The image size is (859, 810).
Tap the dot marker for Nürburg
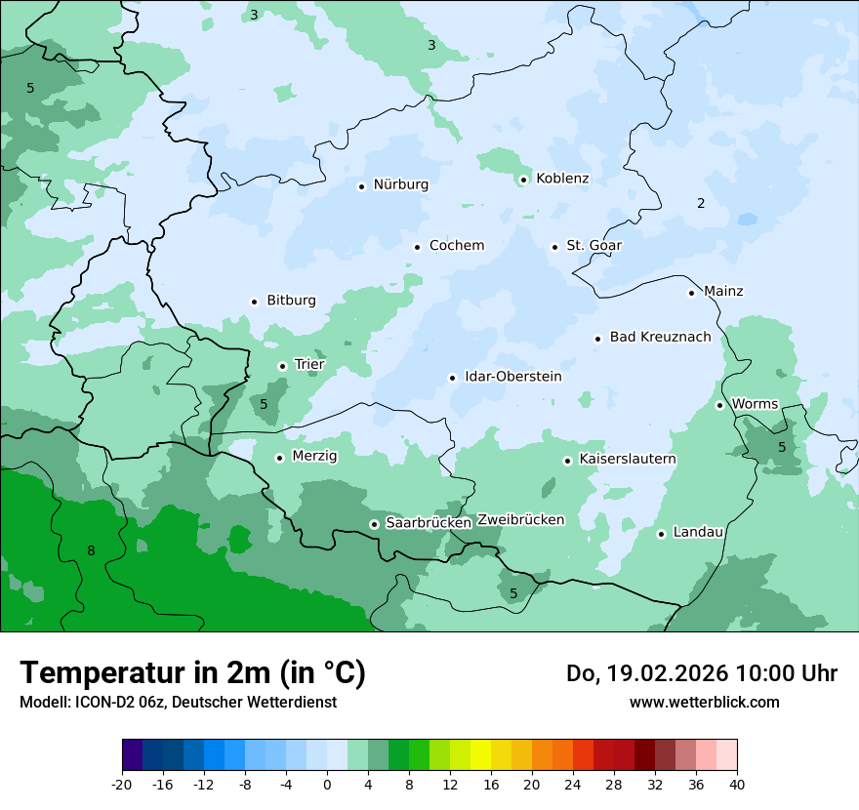[x=361, y=185]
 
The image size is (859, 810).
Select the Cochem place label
[x=456, y=246]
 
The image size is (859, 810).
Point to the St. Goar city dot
[x=554, y=247]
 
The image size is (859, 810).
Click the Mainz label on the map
[x=723, y=292]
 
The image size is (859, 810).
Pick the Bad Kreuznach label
[x=660, y=338]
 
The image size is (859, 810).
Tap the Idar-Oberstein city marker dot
[x=452, y=378]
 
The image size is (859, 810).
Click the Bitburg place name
[x=291, y=301]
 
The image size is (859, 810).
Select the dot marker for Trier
[x=282, y=366]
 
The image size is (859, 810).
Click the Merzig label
[x=314, y=457]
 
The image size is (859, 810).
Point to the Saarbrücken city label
[x=429, y=523]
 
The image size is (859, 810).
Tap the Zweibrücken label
[x=520, y=520]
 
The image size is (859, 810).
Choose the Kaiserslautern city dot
[x=567, y=461]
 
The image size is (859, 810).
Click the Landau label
[x=698, y=533]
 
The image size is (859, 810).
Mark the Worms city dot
[x=719, y=405]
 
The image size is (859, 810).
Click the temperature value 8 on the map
[x=91, y=551]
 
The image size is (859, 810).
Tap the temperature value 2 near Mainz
[x=701, y=204]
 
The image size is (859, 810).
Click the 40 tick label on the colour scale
[x=737, y=785]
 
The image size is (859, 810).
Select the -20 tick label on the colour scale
[x=121, y=785]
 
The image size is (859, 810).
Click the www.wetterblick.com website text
[x=704, y=703]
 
